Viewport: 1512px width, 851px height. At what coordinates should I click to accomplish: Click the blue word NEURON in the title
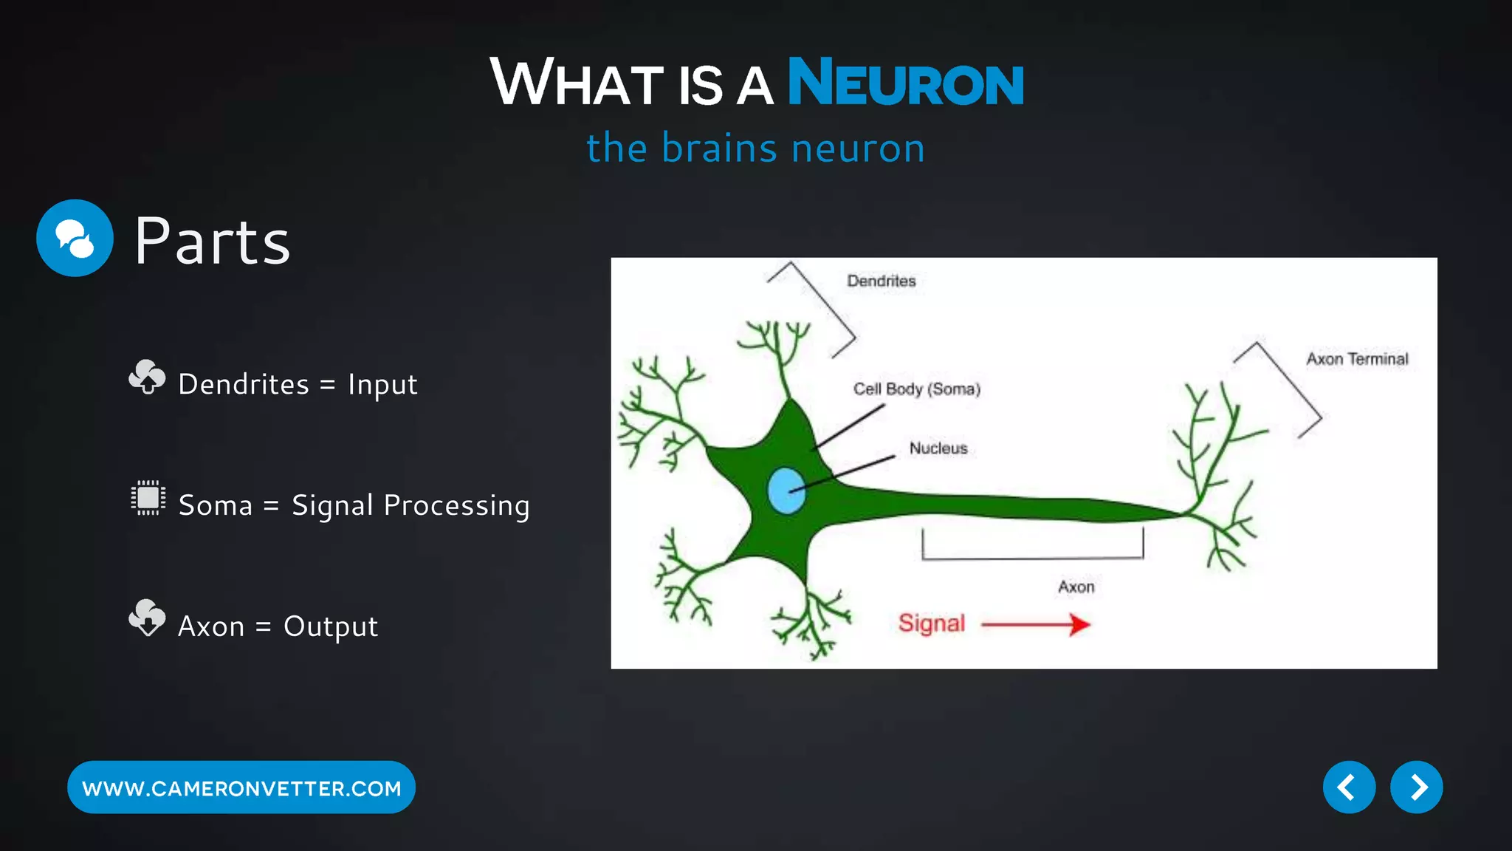[905, 83]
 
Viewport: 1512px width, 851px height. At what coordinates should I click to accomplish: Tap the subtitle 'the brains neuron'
[755, 148]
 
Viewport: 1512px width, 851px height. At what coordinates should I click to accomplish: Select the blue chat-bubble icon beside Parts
[75, 238]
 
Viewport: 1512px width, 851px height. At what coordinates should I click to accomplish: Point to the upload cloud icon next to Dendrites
[147, 377]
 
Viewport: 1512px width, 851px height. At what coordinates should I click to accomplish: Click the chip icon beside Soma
[148, 498]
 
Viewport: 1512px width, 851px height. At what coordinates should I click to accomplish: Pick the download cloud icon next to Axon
[147, 618]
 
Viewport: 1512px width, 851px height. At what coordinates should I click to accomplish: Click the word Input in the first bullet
[382, 385]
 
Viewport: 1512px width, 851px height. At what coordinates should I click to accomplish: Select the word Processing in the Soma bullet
[456, 506]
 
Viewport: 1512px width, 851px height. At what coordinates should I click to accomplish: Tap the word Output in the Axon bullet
[330, 627]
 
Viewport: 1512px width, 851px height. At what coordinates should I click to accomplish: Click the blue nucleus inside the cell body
[786, 491]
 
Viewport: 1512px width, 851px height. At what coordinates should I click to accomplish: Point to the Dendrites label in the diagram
[881, 281]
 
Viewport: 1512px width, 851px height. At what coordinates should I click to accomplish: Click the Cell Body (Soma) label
[916, 389]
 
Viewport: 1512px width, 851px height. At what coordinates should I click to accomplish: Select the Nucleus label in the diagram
[938, 448]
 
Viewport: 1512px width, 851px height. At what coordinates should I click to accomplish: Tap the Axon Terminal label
[1356, 359]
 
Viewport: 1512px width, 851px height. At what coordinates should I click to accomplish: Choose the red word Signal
[931, 623]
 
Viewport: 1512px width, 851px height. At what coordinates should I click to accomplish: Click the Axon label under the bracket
[1076, 587]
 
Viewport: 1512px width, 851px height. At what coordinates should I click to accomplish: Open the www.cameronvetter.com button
[241, 787]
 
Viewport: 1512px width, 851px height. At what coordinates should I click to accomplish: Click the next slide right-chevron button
[1415, 787]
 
